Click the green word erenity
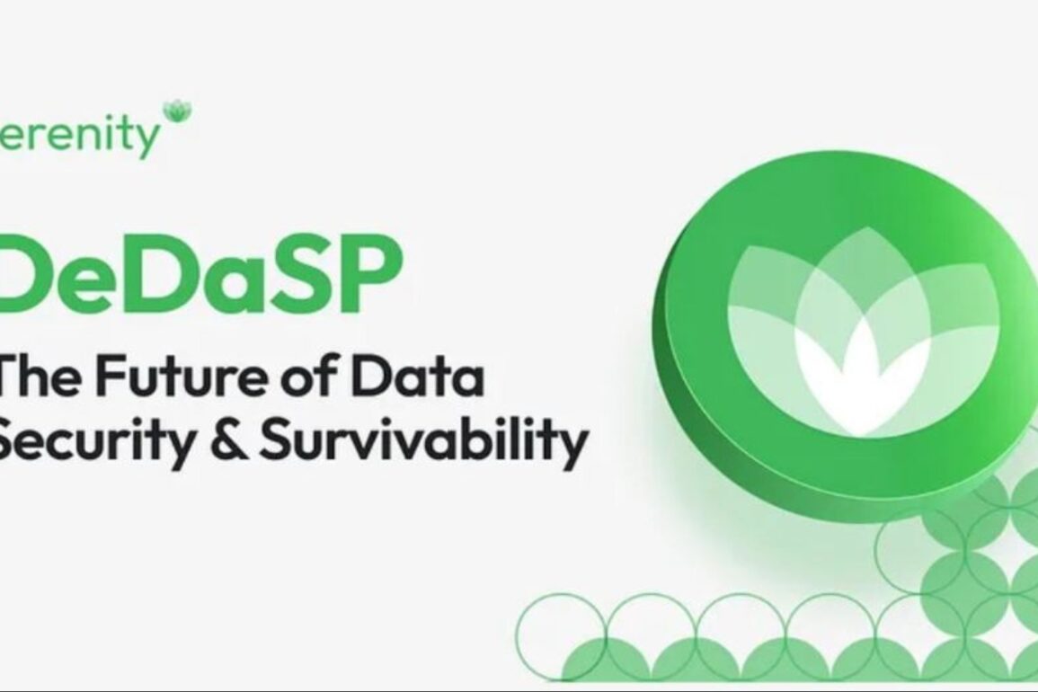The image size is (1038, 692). [79, 136]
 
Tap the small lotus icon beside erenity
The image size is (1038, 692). [177, 111]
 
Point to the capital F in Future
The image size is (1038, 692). [111, 375]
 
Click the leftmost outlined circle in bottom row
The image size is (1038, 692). [562, 637]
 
